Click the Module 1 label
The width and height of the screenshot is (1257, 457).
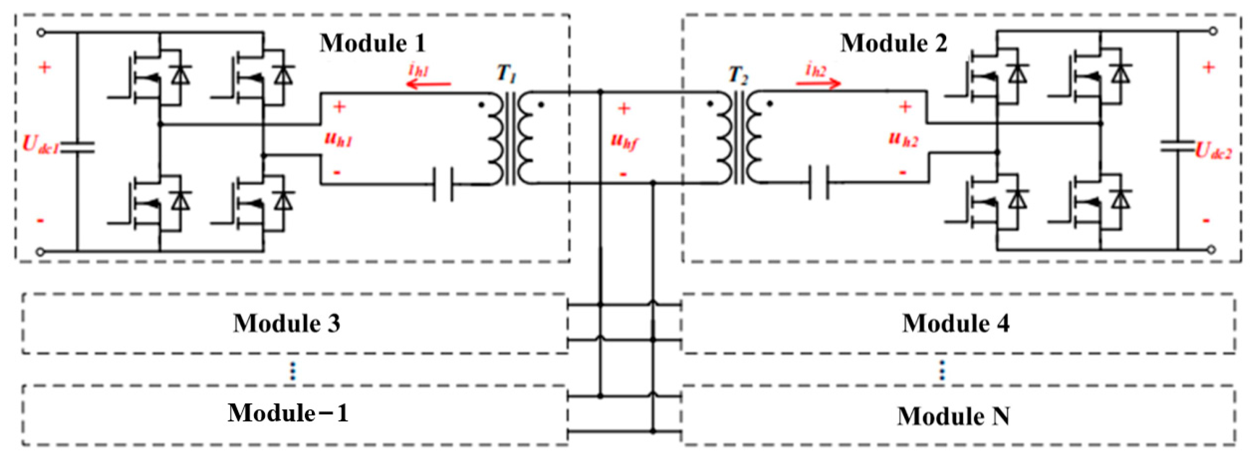[373, 44]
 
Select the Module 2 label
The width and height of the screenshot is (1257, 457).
[894, 44]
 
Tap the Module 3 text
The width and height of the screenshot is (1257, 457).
[287, 323]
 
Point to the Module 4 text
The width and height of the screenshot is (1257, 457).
[956, 323]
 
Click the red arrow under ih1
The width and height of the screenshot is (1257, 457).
[429, 85]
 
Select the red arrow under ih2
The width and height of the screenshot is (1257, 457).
[818, 83]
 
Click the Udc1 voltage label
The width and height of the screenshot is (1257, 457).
[40, 145]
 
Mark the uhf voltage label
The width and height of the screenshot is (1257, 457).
[624, 142]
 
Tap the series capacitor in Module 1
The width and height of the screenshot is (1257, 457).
[443, 185]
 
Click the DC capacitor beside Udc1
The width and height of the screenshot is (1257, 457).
[77, 147]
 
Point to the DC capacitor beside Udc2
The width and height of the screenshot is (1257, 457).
[1177, 146]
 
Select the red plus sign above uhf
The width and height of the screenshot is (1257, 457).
[624, 108]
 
